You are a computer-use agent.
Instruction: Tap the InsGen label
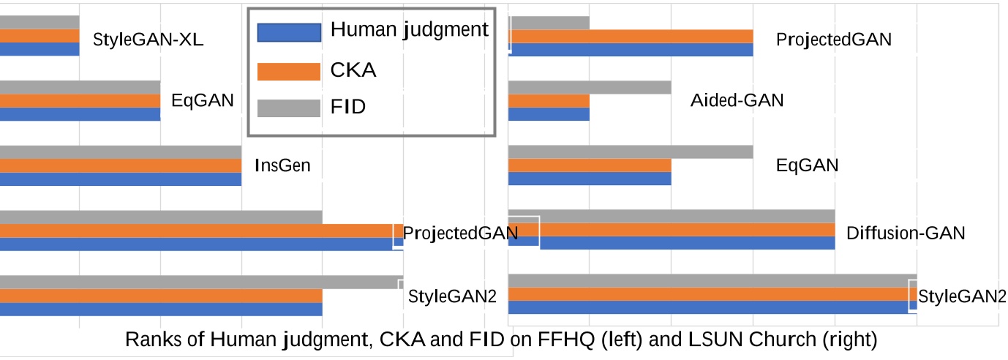(282, 165)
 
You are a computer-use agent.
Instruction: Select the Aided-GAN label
(737, 101)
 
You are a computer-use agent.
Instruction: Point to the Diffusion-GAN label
(906, 233)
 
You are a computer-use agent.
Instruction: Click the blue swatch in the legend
(289, 32)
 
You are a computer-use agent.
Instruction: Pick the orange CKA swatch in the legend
(289, 71)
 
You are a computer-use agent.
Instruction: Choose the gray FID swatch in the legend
(289, 108)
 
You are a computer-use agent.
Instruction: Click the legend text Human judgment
(410, 30)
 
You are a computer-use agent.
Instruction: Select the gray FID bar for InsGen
(121, 152)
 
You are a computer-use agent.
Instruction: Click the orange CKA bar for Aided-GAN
(549, 101)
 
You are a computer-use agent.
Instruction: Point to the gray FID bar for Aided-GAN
(590, 87)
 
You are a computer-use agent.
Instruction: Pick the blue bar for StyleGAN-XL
(40, 49)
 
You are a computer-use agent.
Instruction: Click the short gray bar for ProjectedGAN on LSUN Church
(549, 23)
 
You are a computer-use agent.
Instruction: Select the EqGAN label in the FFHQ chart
(203, 100)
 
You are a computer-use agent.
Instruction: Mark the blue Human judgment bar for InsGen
(121, 179)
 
